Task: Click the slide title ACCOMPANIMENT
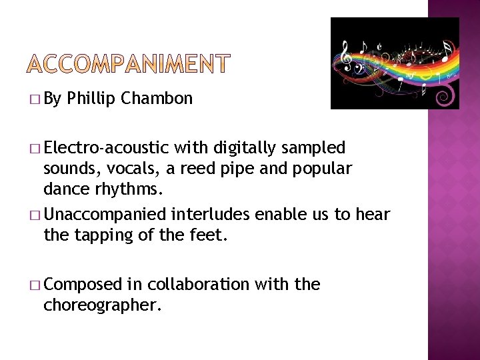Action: click(129, 64)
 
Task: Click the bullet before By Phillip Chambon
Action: click(35, 100)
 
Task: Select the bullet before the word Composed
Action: click(35, 285)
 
